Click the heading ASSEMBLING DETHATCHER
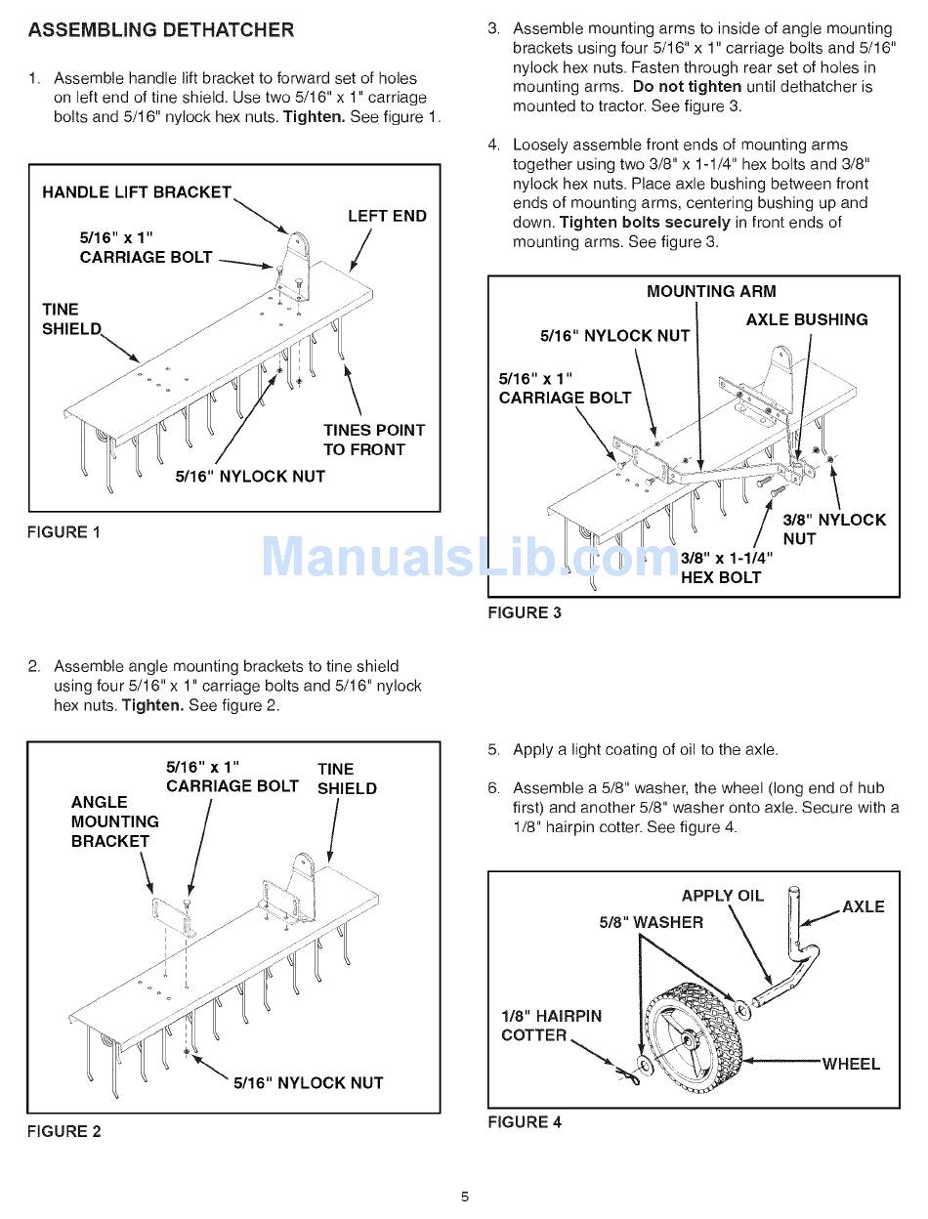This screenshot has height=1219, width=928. pyautogui.click(x=160, y=30)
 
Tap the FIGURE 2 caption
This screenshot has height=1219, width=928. pyautogui.click(x=63, y=1131)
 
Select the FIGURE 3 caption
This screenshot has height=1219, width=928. pyautogui.click(x=525, y=613)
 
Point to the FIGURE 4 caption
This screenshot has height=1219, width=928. pyautogui.click(x=525, y=1122)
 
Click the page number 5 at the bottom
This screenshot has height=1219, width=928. pyautogui.click(x=465, y=1197)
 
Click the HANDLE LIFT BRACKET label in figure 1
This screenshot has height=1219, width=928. pyautogui.click(x=137, y=192)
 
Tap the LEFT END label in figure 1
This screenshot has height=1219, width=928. pyautogui.click(x=387, y=216)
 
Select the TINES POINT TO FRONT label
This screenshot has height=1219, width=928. pyautogui.click(x=374, y=440)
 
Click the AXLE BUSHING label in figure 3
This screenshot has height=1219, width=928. pyautogui.click(x=806, y=319)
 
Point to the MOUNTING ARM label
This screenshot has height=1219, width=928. pyautogui.click(x=711, y=291)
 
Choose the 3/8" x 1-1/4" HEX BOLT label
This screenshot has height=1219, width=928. pyautogui.click(x=726, y=567)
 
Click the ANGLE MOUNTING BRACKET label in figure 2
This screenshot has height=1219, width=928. pyautogui.click(x=114, y=821)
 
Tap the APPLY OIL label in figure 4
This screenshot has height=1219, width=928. pyautogui.click(x=722, y=896)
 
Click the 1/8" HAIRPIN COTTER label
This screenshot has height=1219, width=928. pyautogui.click(x=551, y=1026)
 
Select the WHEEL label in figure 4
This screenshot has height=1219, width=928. pyautogui.click(x=851, y=1064)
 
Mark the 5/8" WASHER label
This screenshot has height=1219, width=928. pyautogui.click(x=651, y=922)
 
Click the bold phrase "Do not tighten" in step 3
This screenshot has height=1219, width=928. pyautogui.click(x=687, y=87)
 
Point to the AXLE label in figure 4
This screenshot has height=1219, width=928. pyautogui.click(x=863, y=906)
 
